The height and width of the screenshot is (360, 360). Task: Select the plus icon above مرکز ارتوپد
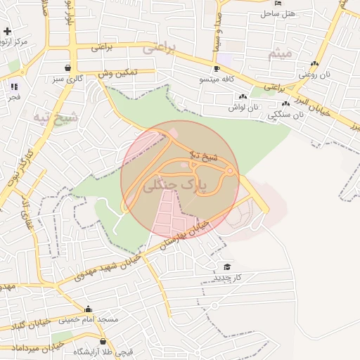tap(7, 32)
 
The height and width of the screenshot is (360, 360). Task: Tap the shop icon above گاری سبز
tap(67, 68)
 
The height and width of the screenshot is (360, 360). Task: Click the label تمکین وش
tap(116, 73)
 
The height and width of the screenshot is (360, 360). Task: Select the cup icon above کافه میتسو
tap(217, 69)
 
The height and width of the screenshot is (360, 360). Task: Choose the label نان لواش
tap(243, 108)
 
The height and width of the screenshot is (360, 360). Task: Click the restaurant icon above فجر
tap(13, 86)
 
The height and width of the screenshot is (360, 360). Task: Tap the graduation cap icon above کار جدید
tap(227, 266)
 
